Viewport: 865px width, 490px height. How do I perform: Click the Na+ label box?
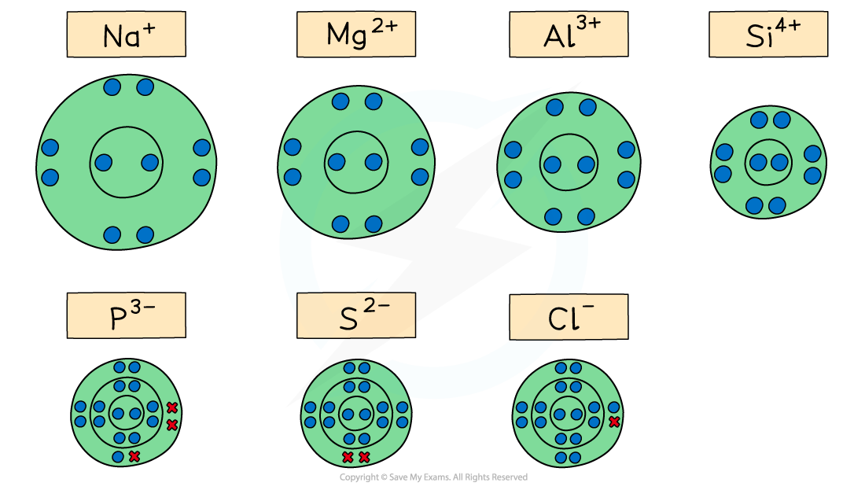(126, 35)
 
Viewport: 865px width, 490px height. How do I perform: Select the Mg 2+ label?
(355, 35)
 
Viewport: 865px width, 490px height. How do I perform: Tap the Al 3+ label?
(569, 35)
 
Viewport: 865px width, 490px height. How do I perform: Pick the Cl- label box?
(569, 317)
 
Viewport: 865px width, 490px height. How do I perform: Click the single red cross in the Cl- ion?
(614, 422)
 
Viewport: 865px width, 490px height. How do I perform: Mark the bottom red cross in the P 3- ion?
(134, 456)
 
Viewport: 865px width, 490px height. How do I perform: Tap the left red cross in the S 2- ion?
(348, 457)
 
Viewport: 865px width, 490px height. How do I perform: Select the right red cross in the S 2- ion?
(364, 457)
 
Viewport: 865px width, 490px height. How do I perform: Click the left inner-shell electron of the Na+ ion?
(103, 162)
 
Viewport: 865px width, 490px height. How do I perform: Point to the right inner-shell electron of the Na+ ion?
(149, 162)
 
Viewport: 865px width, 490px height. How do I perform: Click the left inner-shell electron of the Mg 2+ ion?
(337, 162)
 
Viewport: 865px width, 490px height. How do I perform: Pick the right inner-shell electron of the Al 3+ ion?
(586, 164)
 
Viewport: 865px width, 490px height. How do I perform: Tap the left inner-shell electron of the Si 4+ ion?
(758, 162)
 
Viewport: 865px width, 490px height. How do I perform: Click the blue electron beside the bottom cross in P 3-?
(118, 456)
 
